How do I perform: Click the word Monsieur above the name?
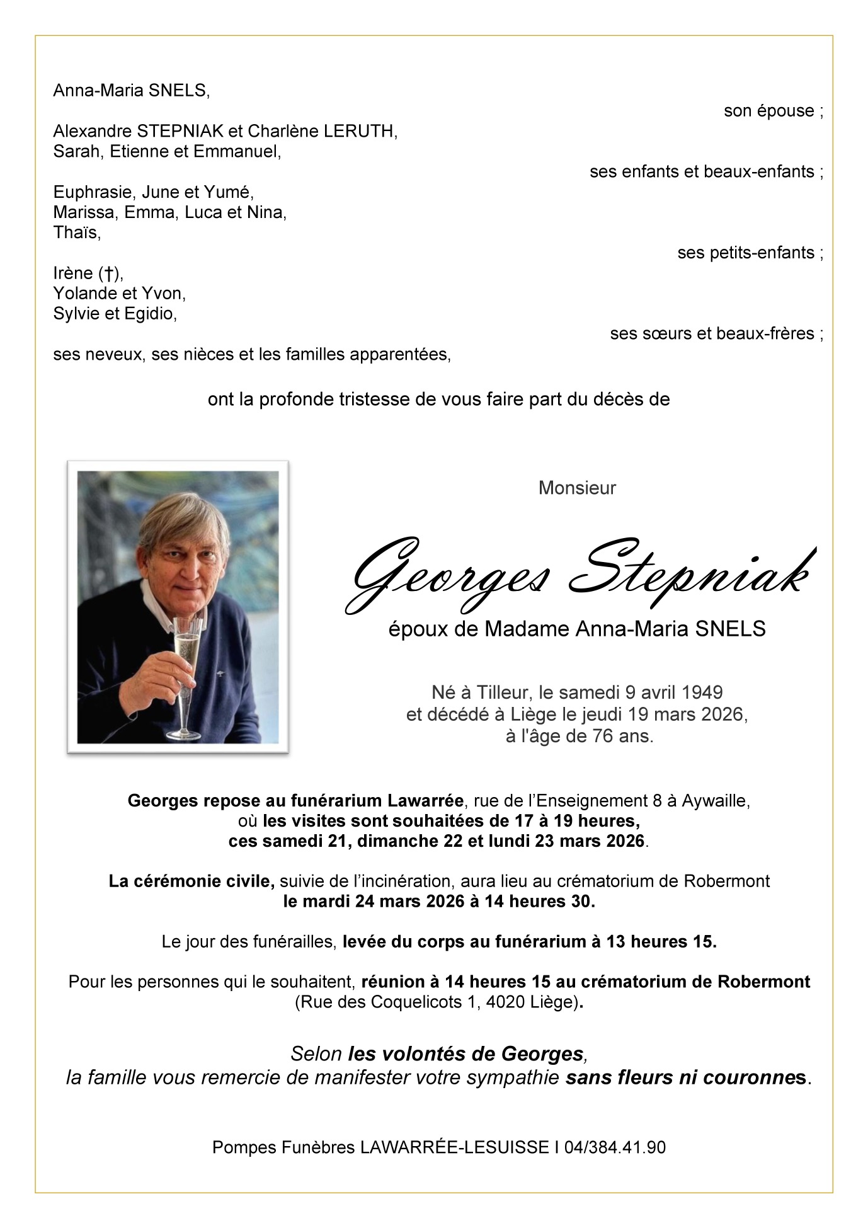tap(577, 488)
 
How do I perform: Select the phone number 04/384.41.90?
tap(615, 1147)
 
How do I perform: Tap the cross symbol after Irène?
tap(109, 273)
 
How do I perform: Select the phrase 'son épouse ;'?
tap(773, 111)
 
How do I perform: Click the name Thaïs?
tap(76, 232)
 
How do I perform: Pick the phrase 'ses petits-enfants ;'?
tap(750, 253)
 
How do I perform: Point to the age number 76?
tap(603, 736)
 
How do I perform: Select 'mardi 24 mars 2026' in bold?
tap(384, 901)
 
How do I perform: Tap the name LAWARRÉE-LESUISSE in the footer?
tap(454, 1147)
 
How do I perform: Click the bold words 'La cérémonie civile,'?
tap(191, 881)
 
